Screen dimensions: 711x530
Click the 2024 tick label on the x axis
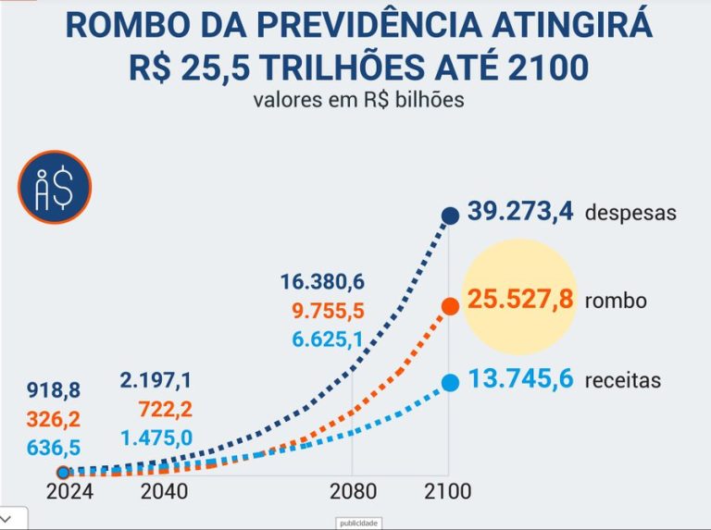(x=69, y=491)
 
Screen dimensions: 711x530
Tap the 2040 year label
(x=164, y=491)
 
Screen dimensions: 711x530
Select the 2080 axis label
(x=354, y=491)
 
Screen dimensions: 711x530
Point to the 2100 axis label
(x=447, y=491)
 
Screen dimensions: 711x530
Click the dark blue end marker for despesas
(x=450, y=216)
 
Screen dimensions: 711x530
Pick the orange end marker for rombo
(x=450, y=307)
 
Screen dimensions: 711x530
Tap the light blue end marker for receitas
(x=450, y=383)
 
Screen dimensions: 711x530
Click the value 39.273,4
(x=520, y=212)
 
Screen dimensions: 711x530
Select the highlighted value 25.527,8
(x=520, y=300)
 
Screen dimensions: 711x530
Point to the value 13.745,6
(x=520, y=378)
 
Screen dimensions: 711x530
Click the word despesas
(x=630, y=213)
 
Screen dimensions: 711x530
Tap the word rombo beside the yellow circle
(x=616, y=301)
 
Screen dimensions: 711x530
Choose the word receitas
(x=622, y=380)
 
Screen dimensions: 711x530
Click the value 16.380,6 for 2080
(x=322, y=282)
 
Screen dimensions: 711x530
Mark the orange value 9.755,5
(x=328, y=311)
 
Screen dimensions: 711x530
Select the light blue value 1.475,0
(x=156, y=438)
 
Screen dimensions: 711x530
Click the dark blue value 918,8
(x=54, y=390)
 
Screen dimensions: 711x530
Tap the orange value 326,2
(x=54, y=419)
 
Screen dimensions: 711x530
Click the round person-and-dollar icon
(x=55, y=187)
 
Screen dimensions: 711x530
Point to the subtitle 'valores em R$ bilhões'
(x=358, y=100)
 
